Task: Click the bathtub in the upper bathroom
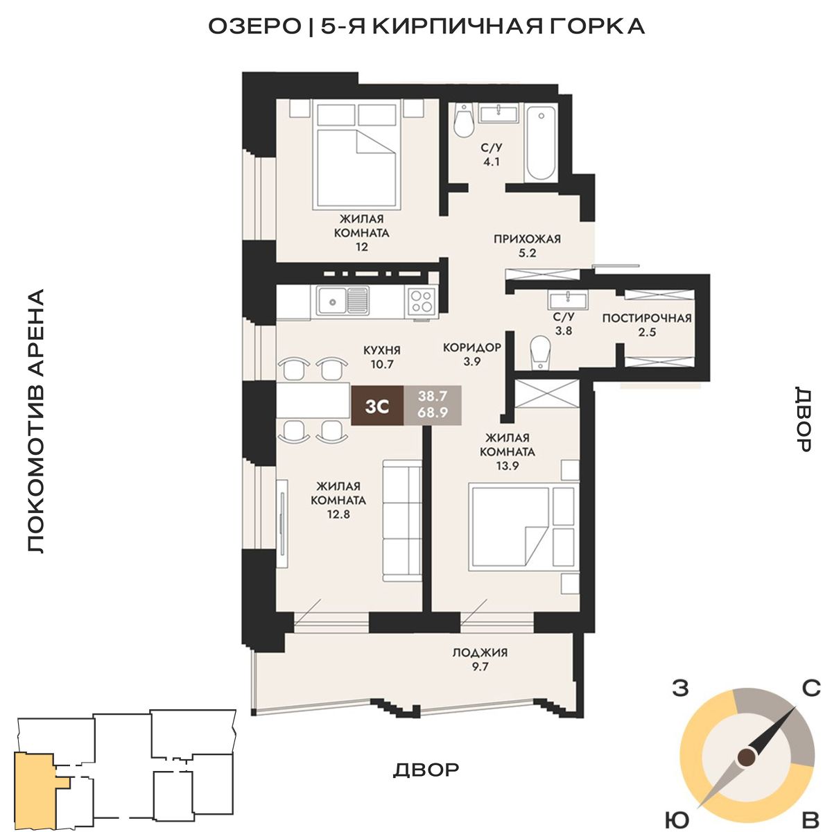click(541, 143)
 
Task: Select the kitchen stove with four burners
click(422, 301)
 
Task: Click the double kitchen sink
click(343, 301)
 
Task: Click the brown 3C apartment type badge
click(377, 406)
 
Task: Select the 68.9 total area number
click(433, 413)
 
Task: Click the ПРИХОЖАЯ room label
click(527, 239)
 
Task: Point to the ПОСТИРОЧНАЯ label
click(647, 318)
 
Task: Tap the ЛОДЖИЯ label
click(480, 652)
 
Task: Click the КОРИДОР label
click(472, 347)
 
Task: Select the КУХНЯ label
click(382, 349)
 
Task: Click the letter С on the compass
click(811, 688)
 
